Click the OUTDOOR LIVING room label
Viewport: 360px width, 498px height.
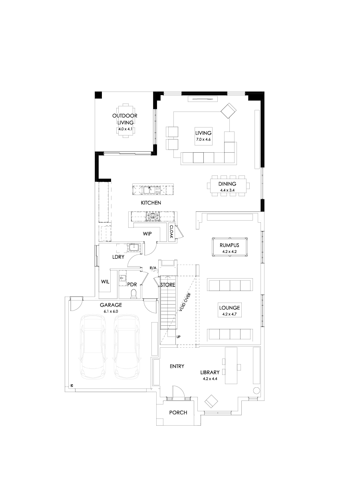pos(125,119)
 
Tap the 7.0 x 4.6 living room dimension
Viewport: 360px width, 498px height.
pos(203,140)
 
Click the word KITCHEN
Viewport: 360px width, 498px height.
pos(151,203)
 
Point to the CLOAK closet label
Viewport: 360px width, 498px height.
pos(171,231)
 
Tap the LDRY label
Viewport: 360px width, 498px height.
pos(118,257)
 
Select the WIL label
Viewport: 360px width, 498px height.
pos(105,282)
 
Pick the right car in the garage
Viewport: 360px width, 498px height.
pos(127,347)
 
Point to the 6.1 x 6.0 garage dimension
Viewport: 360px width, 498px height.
pos(111,311)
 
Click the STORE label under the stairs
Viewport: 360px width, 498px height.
pos(168,285)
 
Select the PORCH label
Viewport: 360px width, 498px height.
pos(178,412)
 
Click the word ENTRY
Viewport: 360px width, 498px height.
pos(177,366)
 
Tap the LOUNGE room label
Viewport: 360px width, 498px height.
pos(229,308)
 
